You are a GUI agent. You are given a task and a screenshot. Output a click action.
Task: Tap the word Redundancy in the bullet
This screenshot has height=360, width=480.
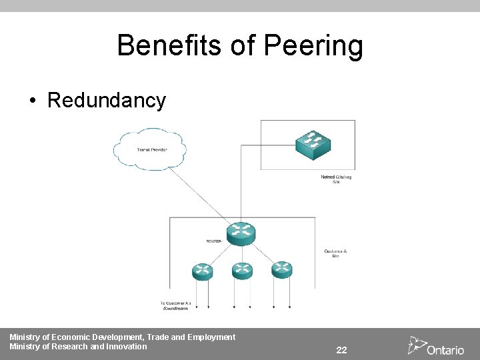pos(107,101)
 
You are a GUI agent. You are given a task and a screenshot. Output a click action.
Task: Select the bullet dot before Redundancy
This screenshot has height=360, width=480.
pos(32,101)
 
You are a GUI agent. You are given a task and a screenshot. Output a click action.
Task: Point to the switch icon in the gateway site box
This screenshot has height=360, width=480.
pos(313,143)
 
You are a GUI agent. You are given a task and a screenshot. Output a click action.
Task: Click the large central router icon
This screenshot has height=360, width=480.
pos(241,233)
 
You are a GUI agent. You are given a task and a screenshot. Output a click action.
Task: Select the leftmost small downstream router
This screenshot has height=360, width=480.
pos(202,270)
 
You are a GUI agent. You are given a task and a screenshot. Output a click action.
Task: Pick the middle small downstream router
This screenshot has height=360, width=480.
pos(241,270)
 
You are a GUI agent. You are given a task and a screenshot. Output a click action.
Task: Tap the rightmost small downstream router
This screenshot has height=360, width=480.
pos(281,269)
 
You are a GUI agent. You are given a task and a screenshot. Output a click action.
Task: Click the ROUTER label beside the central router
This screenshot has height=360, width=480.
pos(215,241)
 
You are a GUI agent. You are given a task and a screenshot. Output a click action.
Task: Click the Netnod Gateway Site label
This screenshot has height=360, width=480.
pos(336,179)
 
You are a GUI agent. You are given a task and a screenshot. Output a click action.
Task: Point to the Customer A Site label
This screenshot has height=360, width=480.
pos(335,253)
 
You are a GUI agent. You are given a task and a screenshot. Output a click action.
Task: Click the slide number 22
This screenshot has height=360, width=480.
pos(341,350)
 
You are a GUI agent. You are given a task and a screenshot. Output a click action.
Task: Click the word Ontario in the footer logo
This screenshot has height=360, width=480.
pos(445,350)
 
